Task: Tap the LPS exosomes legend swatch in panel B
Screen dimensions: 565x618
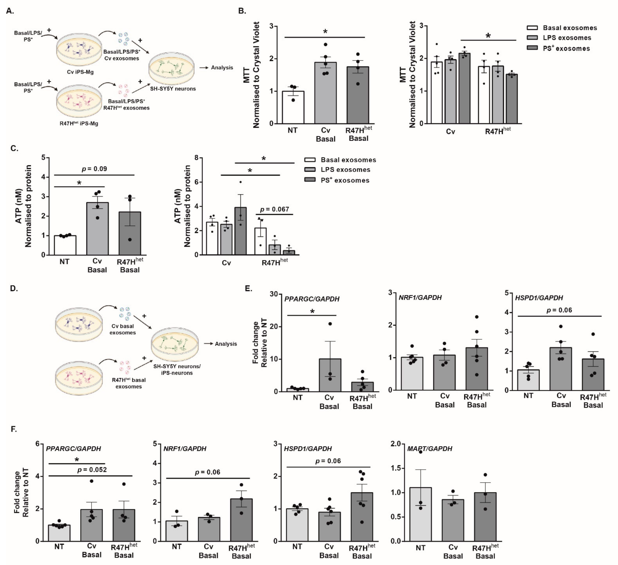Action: click(532, 38)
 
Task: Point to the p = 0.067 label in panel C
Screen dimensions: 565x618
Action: click(274, 209)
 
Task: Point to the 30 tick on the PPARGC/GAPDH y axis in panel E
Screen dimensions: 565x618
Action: click(274, 294)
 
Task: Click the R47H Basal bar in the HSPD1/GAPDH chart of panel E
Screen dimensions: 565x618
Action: click(593, 374)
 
